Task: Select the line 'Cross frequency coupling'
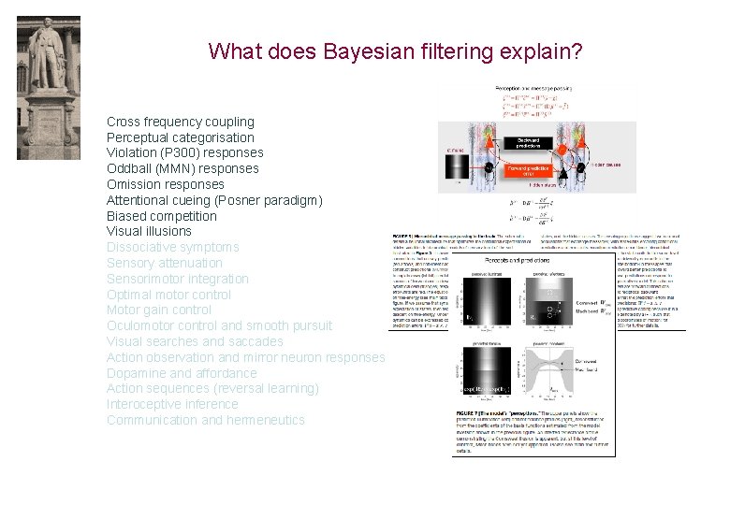pyautogui.click(x=180, y=122)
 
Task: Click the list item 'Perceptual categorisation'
pyautogui.click(x=180, y=137)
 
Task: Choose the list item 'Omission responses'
pyautogui.click(x=165, y=184)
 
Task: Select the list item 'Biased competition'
pyautogui.click(x=161, y=216)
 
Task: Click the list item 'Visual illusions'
pyautogui.click(x=149, y=231)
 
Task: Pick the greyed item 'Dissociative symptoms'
pyautogui.click(x=172, y=247)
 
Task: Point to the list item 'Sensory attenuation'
pyautogui.click(x=166, y=263)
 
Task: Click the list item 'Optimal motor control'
pyautogui.click(x=168, y=295)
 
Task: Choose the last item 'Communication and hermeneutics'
pyautogui.click(x=205, y=420)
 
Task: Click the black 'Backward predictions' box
pyautogui.click(x=526, y=143)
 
